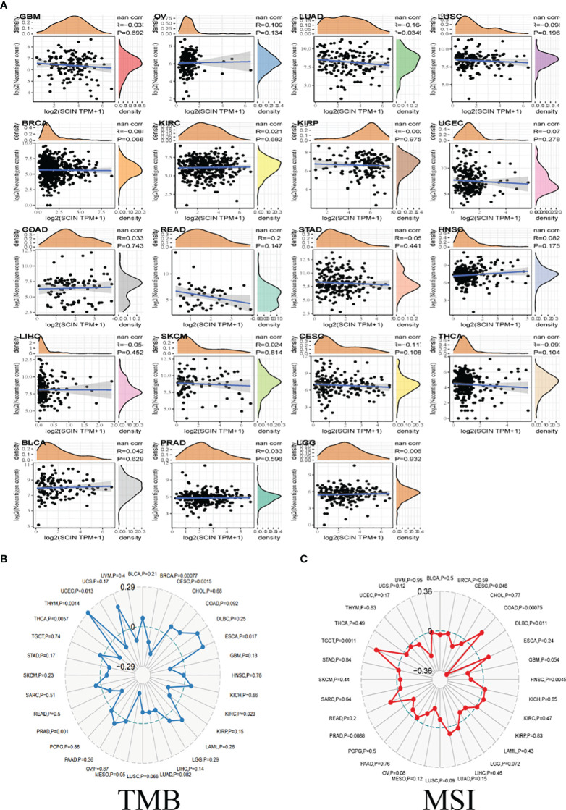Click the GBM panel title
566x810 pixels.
click(30, 16)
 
